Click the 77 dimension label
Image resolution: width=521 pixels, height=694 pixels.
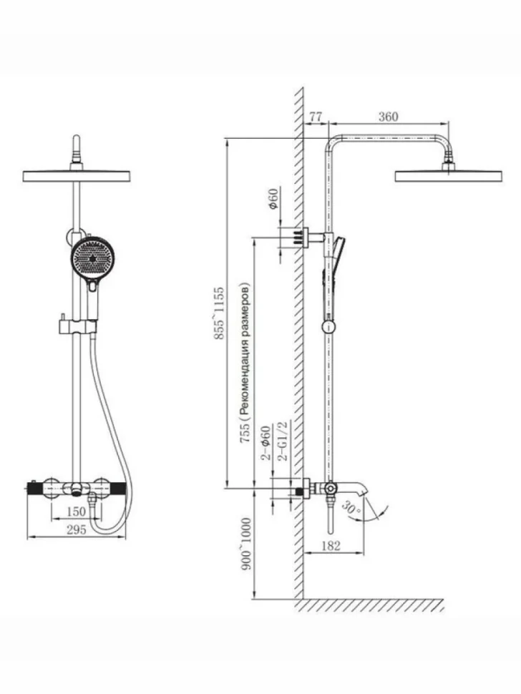tap(315, 117)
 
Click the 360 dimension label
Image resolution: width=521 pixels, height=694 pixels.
tap(388, 117)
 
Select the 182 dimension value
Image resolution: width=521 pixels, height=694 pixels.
tap(331, 545)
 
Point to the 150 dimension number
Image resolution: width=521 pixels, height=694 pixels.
tap(76, 512)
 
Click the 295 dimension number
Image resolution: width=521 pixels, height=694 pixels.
tap(76, 529)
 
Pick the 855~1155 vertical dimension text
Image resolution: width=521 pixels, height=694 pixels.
tap(219, 313)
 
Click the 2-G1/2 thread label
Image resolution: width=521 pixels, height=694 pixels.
tap(282, 441)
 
